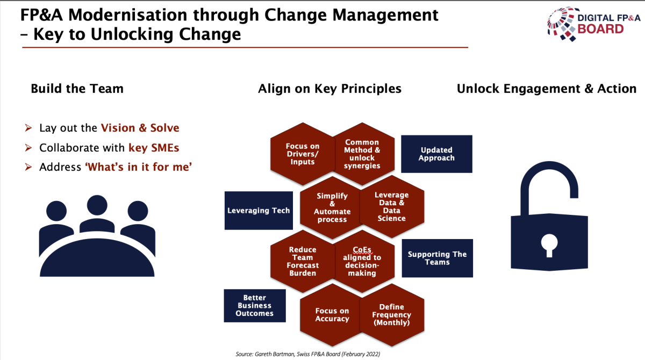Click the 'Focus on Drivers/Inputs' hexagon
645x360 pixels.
pyautogui.click(x=302, y=154)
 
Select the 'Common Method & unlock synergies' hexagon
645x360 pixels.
pyautogui.click(x=362, y=154)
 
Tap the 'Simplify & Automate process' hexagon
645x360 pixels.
pyautogui.click(x=332, y=207)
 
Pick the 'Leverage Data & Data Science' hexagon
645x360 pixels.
pyautogui.click(x=392, y=207)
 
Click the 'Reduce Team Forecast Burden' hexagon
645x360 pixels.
pyautogui.click(x=302, y=261)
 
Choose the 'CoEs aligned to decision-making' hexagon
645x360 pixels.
pyautogui.click(x=362, y=261)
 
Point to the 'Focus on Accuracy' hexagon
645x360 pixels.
pyautogui.click(x=332, y=315)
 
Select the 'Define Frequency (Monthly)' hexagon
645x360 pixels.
pyautogui.click(x=392, y=315)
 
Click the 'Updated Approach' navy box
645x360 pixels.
pyautogui.click(x=436, y=154)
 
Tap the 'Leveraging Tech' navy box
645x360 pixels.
pyautogui.click(x=259, y=211)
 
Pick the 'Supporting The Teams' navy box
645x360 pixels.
pyautogui.click(x=437, y=258)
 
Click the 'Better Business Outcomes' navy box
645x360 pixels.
pyautogui.click(x=255, y=306)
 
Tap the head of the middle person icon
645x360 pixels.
pyautogui.click(x=97, y=205)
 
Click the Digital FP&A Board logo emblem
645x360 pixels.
pyautogui.click(x=562, y=24)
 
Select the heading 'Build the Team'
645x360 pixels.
pyautogui.click(x=77, y=89)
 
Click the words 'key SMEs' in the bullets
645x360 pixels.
pyautogui.click(x=154, y=148)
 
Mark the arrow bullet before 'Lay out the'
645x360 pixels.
pyautogui.click(x=28, y=127)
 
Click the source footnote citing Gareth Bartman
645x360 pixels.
pyautogui.click(x=308, y=354)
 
